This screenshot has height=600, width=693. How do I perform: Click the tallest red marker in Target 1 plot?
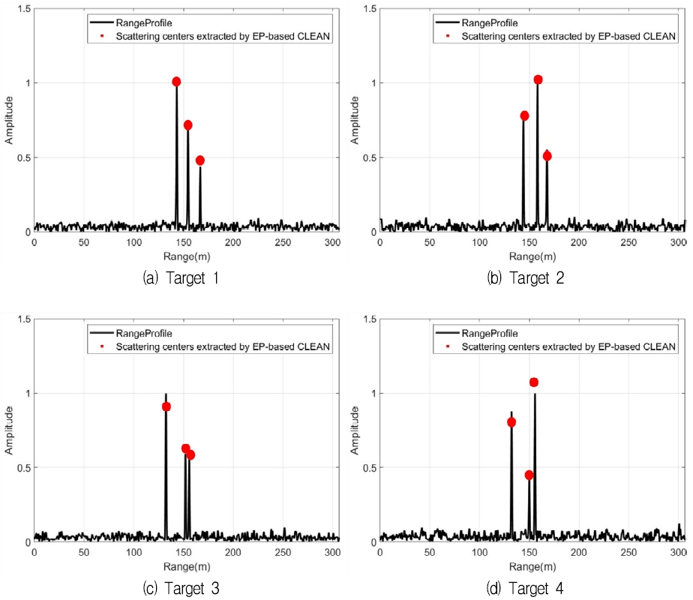(176, 82)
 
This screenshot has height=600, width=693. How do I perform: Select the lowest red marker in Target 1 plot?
(200, 160)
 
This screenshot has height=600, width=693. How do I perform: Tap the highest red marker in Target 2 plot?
(538, 79)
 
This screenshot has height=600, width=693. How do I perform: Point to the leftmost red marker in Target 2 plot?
(524, 115)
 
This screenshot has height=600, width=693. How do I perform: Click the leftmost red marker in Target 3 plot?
(166, 406)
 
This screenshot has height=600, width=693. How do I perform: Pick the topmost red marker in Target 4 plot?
(534, 382)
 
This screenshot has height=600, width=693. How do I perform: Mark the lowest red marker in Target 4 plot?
(529, 475)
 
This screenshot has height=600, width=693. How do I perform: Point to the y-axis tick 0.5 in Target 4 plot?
(368, 467)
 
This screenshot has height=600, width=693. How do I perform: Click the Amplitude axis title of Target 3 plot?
(10, 430)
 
